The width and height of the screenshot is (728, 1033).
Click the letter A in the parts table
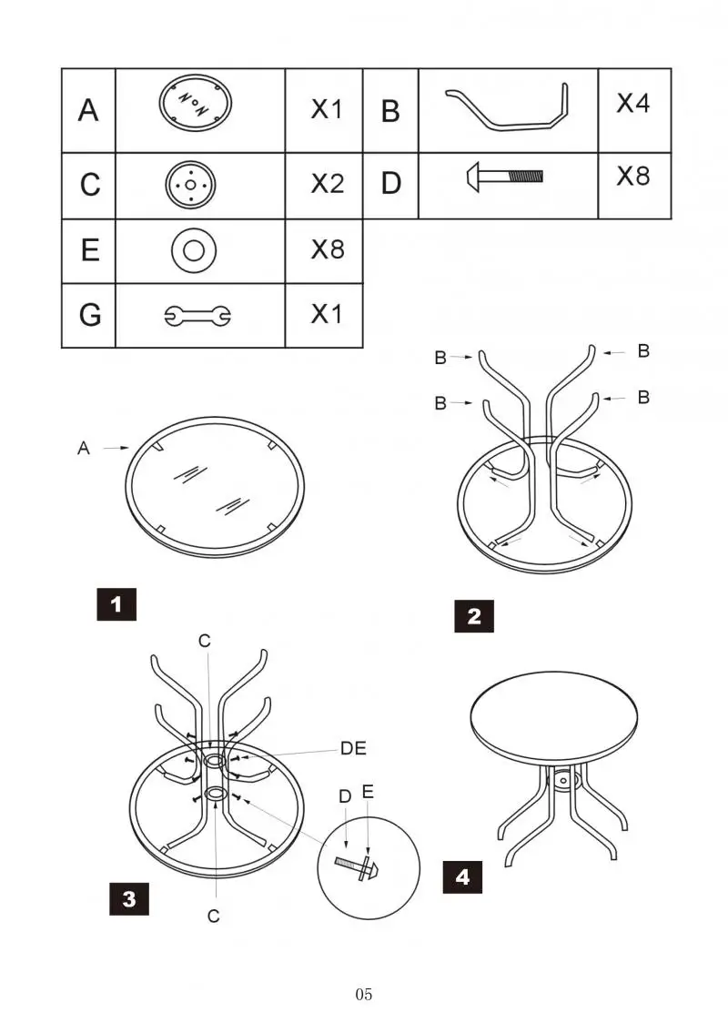88,111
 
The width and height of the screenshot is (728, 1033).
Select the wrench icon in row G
197,316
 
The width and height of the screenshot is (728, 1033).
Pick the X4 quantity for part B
633,103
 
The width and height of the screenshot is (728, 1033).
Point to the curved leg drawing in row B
508,108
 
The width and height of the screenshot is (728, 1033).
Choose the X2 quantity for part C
327,184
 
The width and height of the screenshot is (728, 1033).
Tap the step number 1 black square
116,604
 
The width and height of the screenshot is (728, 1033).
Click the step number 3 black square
129,899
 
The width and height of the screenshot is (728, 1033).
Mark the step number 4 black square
463,877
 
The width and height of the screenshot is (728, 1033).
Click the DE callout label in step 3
353,748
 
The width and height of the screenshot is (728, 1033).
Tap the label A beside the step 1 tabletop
84,449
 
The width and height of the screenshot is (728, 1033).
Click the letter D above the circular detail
345,796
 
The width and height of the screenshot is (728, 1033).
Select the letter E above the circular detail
368,792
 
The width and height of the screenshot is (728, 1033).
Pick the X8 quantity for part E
327,249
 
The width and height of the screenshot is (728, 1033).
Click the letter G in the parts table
89,316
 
